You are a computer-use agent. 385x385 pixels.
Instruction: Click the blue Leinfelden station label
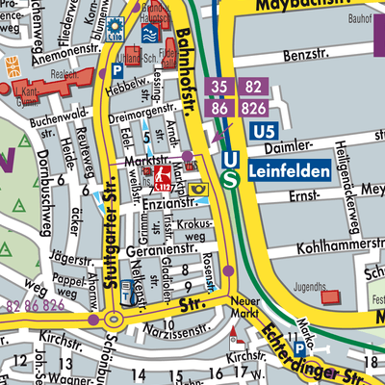288,172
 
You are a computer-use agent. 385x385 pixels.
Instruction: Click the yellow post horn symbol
197,189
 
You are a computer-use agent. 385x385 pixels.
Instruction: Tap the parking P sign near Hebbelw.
118,70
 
